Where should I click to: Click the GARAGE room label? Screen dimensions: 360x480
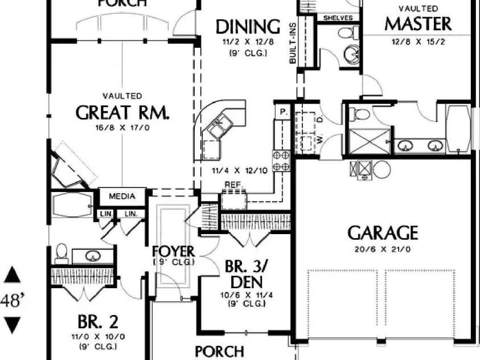tap(383, 232)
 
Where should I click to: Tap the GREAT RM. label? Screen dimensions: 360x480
tap(122, 112)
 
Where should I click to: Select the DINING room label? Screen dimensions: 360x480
tap(248, 27)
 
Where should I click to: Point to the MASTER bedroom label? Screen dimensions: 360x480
tap(418, 23)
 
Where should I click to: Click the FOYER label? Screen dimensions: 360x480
tap(174, 251)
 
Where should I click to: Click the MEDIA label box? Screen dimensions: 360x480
tap(122, 197)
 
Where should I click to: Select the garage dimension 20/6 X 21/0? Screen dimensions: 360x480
tap(383, 249)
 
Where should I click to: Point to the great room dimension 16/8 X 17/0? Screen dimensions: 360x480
tap(122, 128)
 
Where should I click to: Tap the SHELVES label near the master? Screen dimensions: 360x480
tap(338, 18)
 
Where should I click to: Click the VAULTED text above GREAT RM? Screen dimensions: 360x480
tap(122, 96)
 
